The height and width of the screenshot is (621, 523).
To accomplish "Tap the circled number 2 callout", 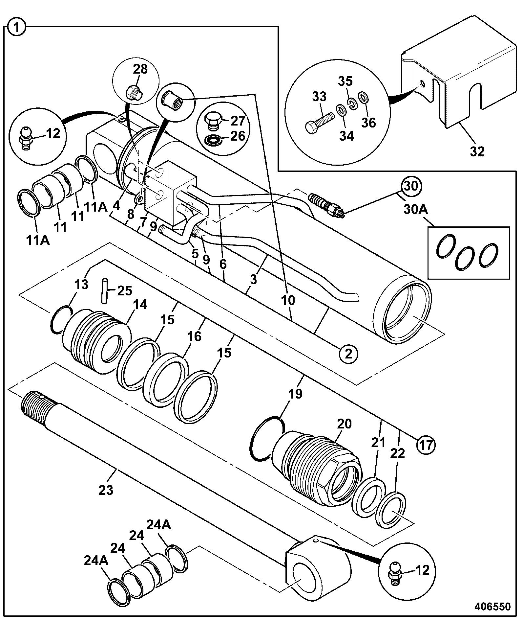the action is [348, 354].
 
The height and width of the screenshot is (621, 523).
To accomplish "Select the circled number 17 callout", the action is [426, 445].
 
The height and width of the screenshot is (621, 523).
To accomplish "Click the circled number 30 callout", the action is [411, 186].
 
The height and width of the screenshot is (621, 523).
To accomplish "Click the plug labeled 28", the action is [134, 92].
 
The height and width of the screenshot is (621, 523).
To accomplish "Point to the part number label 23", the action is [106, 499].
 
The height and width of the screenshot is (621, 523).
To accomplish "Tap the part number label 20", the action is [344, 424].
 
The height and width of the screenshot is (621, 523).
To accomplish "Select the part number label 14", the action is [140, 305].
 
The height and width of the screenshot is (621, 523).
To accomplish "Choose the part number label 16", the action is [194, 336].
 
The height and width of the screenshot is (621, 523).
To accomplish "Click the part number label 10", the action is [288, 300].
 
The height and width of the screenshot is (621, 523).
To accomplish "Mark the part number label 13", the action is [81, 284].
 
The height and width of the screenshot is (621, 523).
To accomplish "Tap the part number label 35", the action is [345, 81].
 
